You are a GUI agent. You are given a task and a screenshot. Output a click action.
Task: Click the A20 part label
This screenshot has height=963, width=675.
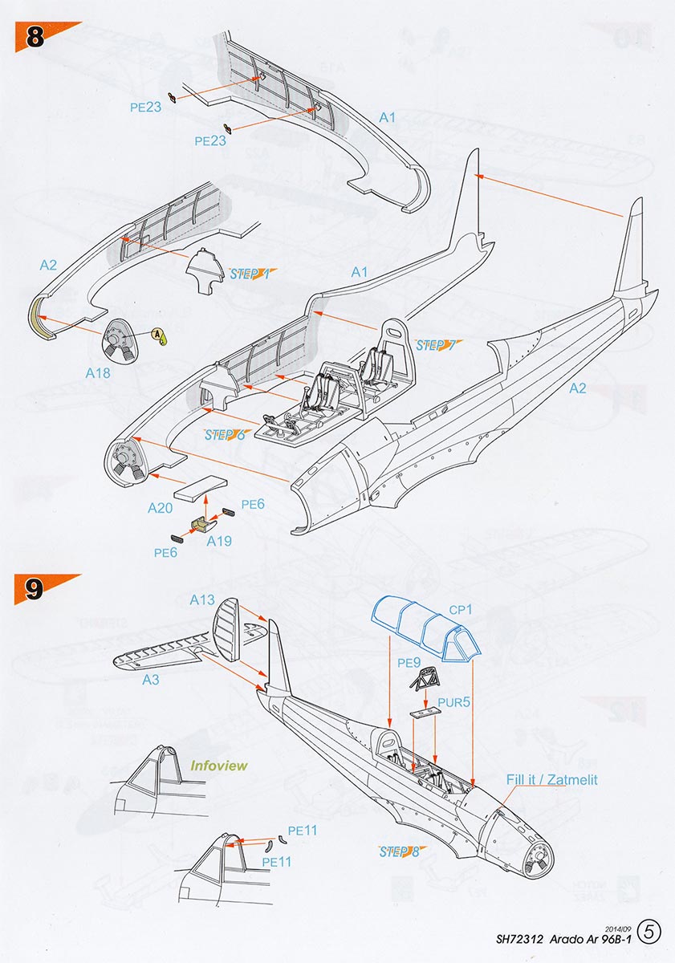point(161,509)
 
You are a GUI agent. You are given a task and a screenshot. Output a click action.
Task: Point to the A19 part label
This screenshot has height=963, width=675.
point(219,542)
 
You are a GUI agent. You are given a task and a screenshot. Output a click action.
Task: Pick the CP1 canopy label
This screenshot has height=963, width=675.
point(462,610)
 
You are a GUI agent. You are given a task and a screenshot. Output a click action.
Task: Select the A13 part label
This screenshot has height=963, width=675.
point(202,600)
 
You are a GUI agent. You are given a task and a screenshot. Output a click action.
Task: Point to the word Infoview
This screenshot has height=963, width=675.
point(219,766)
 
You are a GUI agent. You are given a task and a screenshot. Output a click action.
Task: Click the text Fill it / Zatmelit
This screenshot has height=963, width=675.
point(551,779)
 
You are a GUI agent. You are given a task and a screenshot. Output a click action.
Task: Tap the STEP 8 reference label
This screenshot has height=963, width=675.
point(399,851)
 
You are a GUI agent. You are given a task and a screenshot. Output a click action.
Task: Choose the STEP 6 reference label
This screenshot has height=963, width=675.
point(225,435)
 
